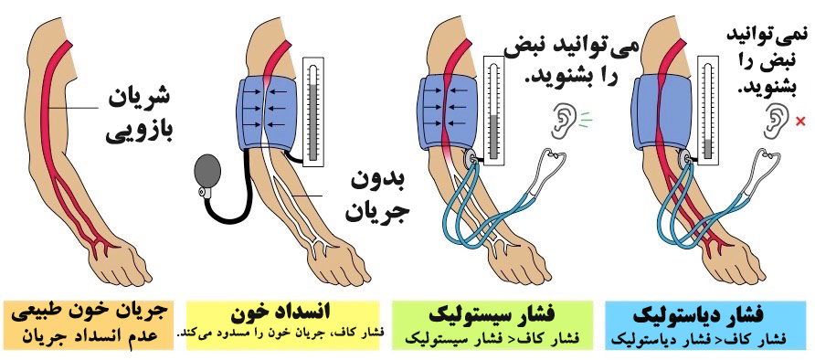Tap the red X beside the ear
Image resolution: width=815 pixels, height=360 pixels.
(x=800, y=122)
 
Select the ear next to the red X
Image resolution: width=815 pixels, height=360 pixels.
(x=776, y=122)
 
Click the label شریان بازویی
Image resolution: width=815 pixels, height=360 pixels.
(x=138, y=116)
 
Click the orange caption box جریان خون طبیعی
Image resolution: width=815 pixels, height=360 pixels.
(x=89, y=324)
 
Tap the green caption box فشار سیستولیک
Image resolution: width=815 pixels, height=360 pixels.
(x=492, y=324)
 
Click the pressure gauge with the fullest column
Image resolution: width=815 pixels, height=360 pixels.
(x=312, y=112)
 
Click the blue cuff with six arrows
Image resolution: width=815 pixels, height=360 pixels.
(x=266, y=112)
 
